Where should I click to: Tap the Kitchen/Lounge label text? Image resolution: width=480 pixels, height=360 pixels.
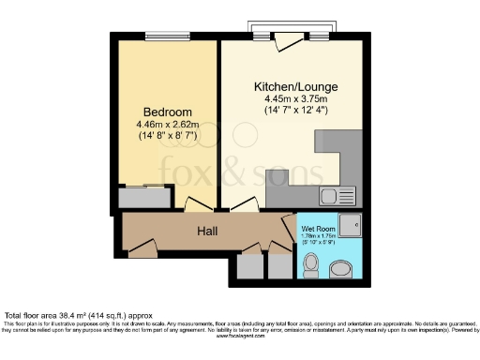[295, 86]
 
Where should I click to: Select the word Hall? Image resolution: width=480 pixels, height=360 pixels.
[208, 230]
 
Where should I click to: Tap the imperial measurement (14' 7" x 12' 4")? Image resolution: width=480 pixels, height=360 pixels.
[295, 111]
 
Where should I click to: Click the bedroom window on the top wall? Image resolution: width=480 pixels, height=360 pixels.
[167, 37]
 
